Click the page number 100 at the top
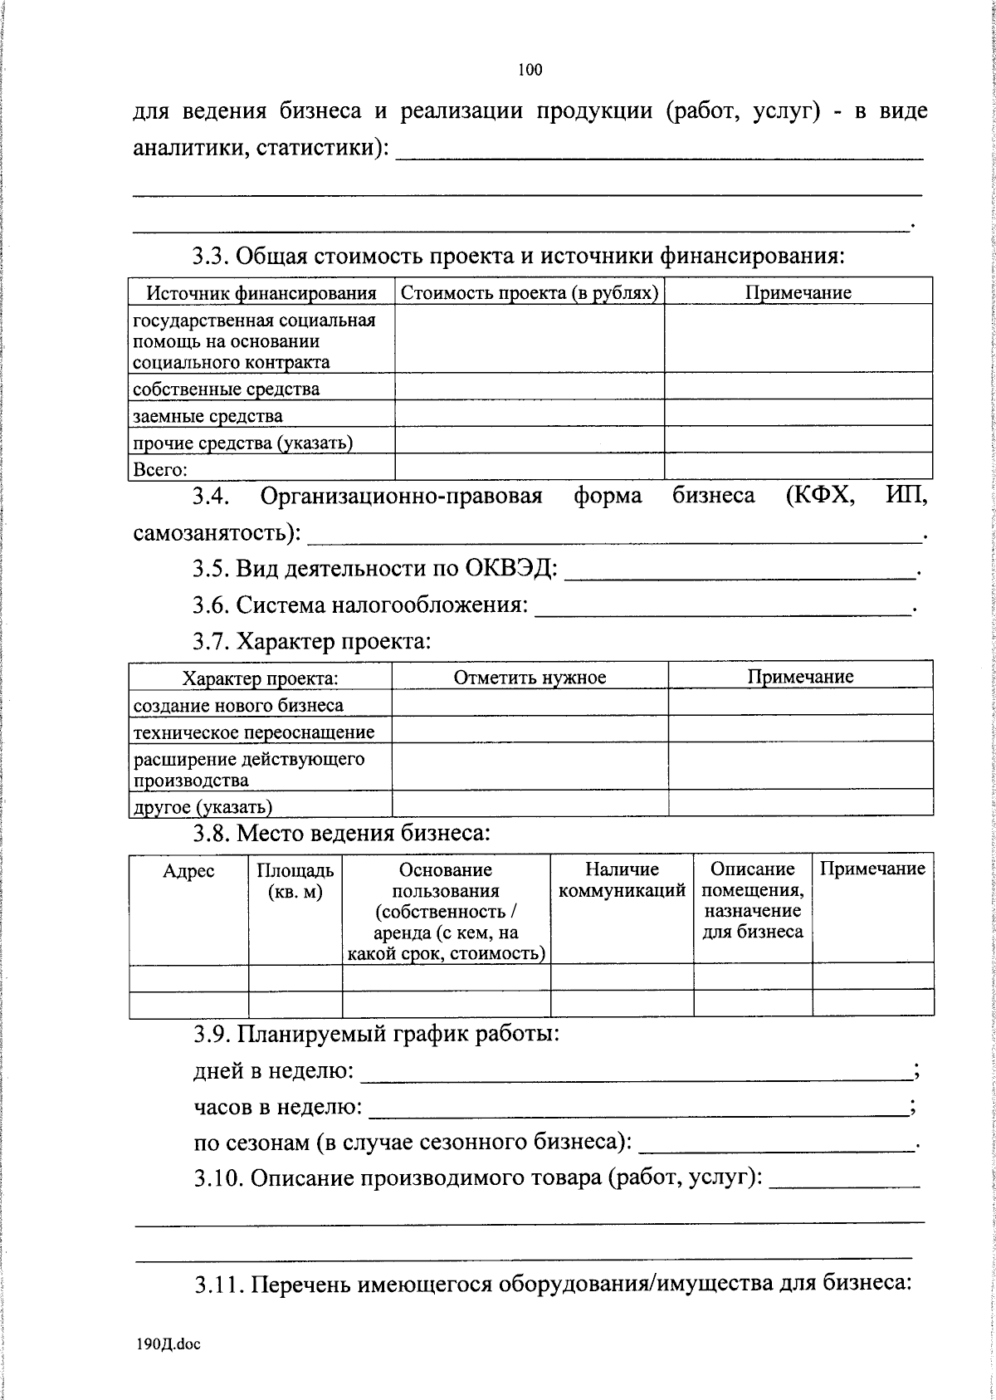pos(530,71)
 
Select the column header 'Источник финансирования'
pos(261,293)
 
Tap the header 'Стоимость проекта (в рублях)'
pos(530,293)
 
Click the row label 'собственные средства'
pos(226,389)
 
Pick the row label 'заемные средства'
pos(207,416)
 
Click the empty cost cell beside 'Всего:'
pos(530,467)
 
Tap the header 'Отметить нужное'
pos(530,678)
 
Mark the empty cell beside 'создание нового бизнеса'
pos(530,704)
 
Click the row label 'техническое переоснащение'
pos(254,732)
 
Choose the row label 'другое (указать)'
pos(203,806)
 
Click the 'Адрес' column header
pos(188,870)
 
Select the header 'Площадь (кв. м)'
pos(295,881)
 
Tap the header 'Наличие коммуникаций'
pos(622,880)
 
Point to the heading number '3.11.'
pos(218,1285)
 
